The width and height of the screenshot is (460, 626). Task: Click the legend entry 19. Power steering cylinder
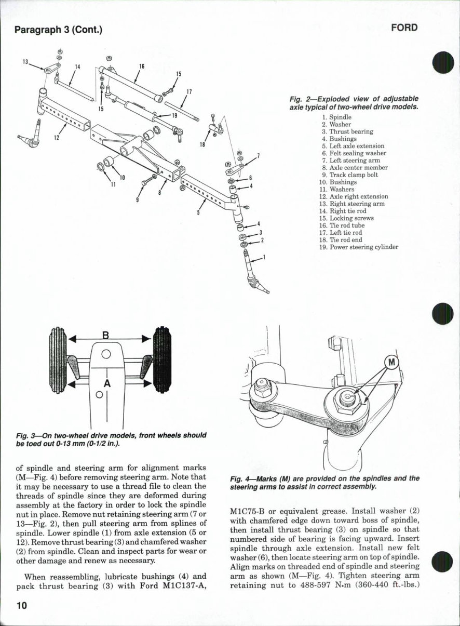(358, 247)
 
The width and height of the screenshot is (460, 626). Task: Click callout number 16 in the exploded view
(141, 66)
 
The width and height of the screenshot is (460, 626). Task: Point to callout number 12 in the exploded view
(57, 138)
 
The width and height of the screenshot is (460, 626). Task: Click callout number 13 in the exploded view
(25, 62)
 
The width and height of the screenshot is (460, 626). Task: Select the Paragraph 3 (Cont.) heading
(58, 29)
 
